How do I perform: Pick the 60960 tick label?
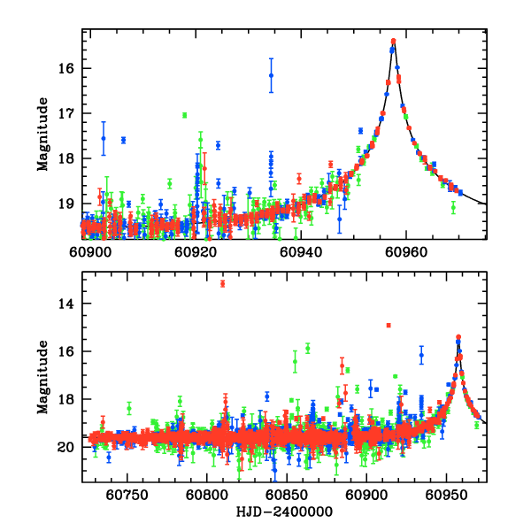[405, 251]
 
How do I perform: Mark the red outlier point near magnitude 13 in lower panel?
[222, 283]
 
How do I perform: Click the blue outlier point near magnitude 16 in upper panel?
[271, 75]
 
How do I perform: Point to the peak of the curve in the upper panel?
[394, 41]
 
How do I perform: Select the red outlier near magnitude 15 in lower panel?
[389, 326]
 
